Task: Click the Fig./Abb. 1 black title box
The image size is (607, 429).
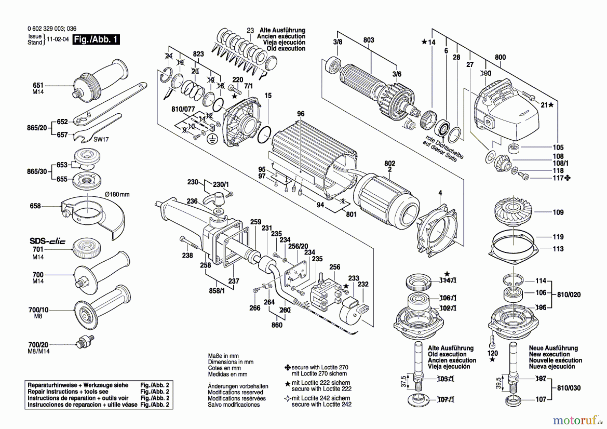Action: tap(96, 39)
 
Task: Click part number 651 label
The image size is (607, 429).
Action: tap(38, 85)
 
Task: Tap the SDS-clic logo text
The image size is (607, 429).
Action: tap(47, 241)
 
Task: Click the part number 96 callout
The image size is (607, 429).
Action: tap(300, 114)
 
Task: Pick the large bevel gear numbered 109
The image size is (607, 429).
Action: tap(513, 212)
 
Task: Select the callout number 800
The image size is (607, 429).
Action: tap(500, 57)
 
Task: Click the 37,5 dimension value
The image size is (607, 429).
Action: tap(404, 382)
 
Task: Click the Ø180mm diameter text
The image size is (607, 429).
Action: tap(117, 194)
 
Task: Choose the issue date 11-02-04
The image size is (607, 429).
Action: tap(57, 39)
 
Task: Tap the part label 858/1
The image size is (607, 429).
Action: tap(216, 291)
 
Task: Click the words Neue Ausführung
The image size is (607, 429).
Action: tap(553, 348)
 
